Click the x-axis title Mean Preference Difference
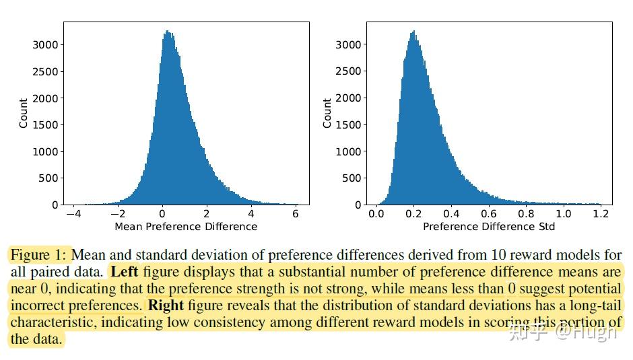click(x=186, y=227)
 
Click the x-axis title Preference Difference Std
click(x=489, y=227)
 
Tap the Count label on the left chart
click(x=24, y=113)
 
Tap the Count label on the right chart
click(x=327, y=113)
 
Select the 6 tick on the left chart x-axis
click(x=296, y=213)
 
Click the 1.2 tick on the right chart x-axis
click(x=601, y=213)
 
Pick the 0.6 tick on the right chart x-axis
click(x=489, y=213)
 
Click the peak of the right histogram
click(x=413, y=32)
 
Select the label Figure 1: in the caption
click(x=39, y=256)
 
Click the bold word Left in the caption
click(x=124, y=273)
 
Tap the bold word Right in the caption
click(x=166, y=305)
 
